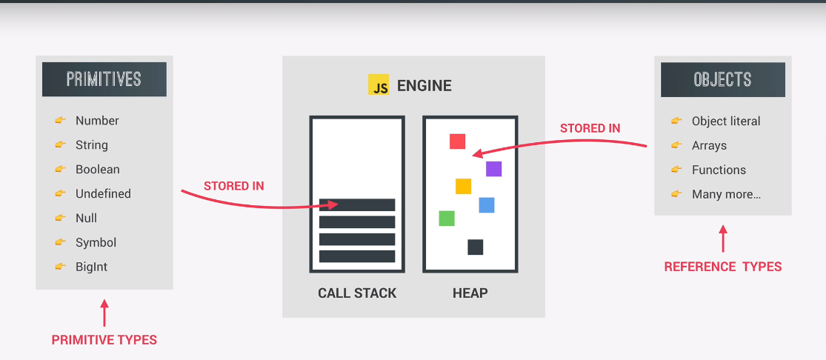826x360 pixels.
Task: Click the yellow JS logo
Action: tap(379, 84)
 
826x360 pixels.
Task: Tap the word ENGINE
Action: tap(424, 85)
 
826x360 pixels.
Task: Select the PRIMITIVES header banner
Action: tap(104, 79)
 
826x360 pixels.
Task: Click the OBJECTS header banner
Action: tap(722, 79)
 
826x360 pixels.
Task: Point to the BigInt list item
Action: tap(91, 267)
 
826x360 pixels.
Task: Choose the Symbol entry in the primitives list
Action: tap(96, 242)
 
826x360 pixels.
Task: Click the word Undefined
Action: tap(103, 193)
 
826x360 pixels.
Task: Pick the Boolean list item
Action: tap(97, 169)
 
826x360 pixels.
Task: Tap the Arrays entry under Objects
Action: tap(709, 145)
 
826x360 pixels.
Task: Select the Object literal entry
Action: tap(726, 121)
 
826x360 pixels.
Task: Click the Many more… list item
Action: tap(726, 194)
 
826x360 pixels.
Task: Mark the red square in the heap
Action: tap(458, 141)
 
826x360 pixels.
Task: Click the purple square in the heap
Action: tap(493, 169)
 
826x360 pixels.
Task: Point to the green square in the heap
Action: tap(447, 218)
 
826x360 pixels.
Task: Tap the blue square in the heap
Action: tap(486, 205)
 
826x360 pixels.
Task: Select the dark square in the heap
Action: tap(475, 247)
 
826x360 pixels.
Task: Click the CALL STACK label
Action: tap(357, 293)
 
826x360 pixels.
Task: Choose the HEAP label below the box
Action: tap(470, 293)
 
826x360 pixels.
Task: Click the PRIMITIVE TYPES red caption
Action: tap(104, 340)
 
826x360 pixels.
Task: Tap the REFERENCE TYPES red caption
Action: tap(723, 267)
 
